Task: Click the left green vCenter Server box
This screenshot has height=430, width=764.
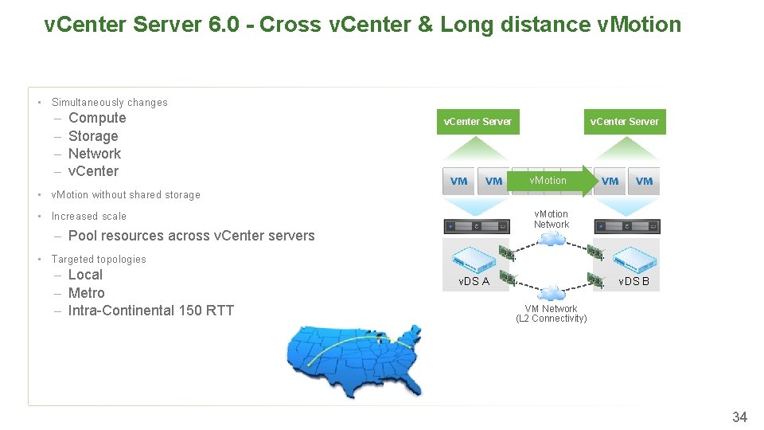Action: point(477,122)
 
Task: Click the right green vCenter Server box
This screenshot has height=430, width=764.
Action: point(624,122)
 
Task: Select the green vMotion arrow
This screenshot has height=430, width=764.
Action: point(557,181)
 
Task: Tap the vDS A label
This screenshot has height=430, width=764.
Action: point(474,281)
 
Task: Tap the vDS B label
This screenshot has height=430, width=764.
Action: point(634,281)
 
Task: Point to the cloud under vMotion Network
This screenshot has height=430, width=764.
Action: point(551,238)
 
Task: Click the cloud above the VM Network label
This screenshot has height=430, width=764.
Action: point(551,294)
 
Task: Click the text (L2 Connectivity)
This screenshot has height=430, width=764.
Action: point(552,319)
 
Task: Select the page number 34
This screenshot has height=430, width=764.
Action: point(739,416)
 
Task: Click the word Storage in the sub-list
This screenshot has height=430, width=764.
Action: point(93,136)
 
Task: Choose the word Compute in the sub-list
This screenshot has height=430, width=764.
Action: point(97,118)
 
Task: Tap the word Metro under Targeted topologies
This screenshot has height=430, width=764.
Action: point(86,293)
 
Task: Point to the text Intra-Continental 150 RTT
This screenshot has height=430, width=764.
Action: point(150,311)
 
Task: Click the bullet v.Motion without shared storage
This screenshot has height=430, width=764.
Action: point(126,195)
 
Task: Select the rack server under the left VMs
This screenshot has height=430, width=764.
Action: point(477,227)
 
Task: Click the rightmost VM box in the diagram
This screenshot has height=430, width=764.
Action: point(645,181)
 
